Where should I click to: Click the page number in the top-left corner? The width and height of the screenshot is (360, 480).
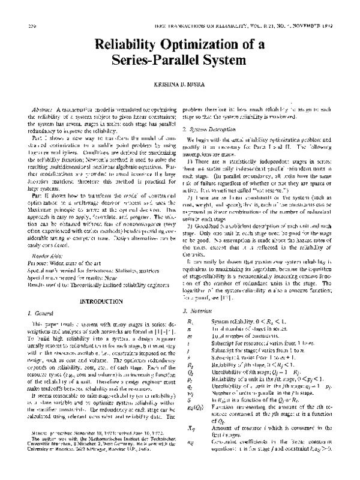23,27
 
